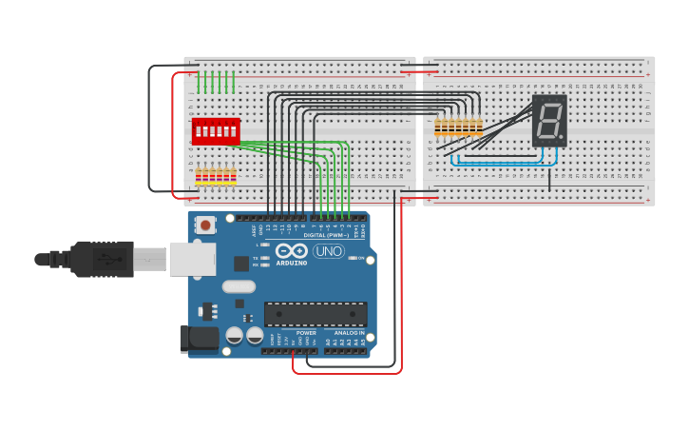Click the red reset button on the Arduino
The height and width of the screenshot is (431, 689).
click(204, 225)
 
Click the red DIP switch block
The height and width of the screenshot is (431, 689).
click(216, 130)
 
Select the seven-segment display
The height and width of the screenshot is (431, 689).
click(549, 120)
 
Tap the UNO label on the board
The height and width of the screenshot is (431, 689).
click(329, 251)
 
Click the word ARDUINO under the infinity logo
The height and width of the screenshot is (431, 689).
click(292, 263)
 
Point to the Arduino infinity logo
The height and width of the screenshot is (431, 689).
click(291, 250)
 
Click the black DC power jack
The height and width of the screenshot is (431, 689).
click(199, 339)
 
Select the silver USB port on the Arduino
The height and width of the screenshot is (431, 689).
click(193, 259)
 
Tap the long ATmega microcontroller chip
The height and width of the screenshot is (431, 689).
click(316, 314)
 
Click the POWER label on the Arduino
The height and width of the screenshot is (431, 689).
click(306, 333)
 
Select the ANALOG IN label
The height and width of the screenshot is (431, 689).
click(349, 333)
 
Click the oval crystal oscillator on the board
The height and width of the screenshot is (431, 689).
click(239, 285)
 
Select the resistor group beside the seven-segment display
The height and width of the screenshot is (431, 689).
click(458, 127)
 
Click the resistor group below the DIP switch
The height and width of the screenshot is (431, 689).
click(216, 176)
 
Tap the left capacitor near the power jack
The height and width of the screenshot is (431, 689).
click(235, 335)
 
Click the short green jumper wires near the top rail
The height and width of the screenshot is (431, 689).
click(216, 82)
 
